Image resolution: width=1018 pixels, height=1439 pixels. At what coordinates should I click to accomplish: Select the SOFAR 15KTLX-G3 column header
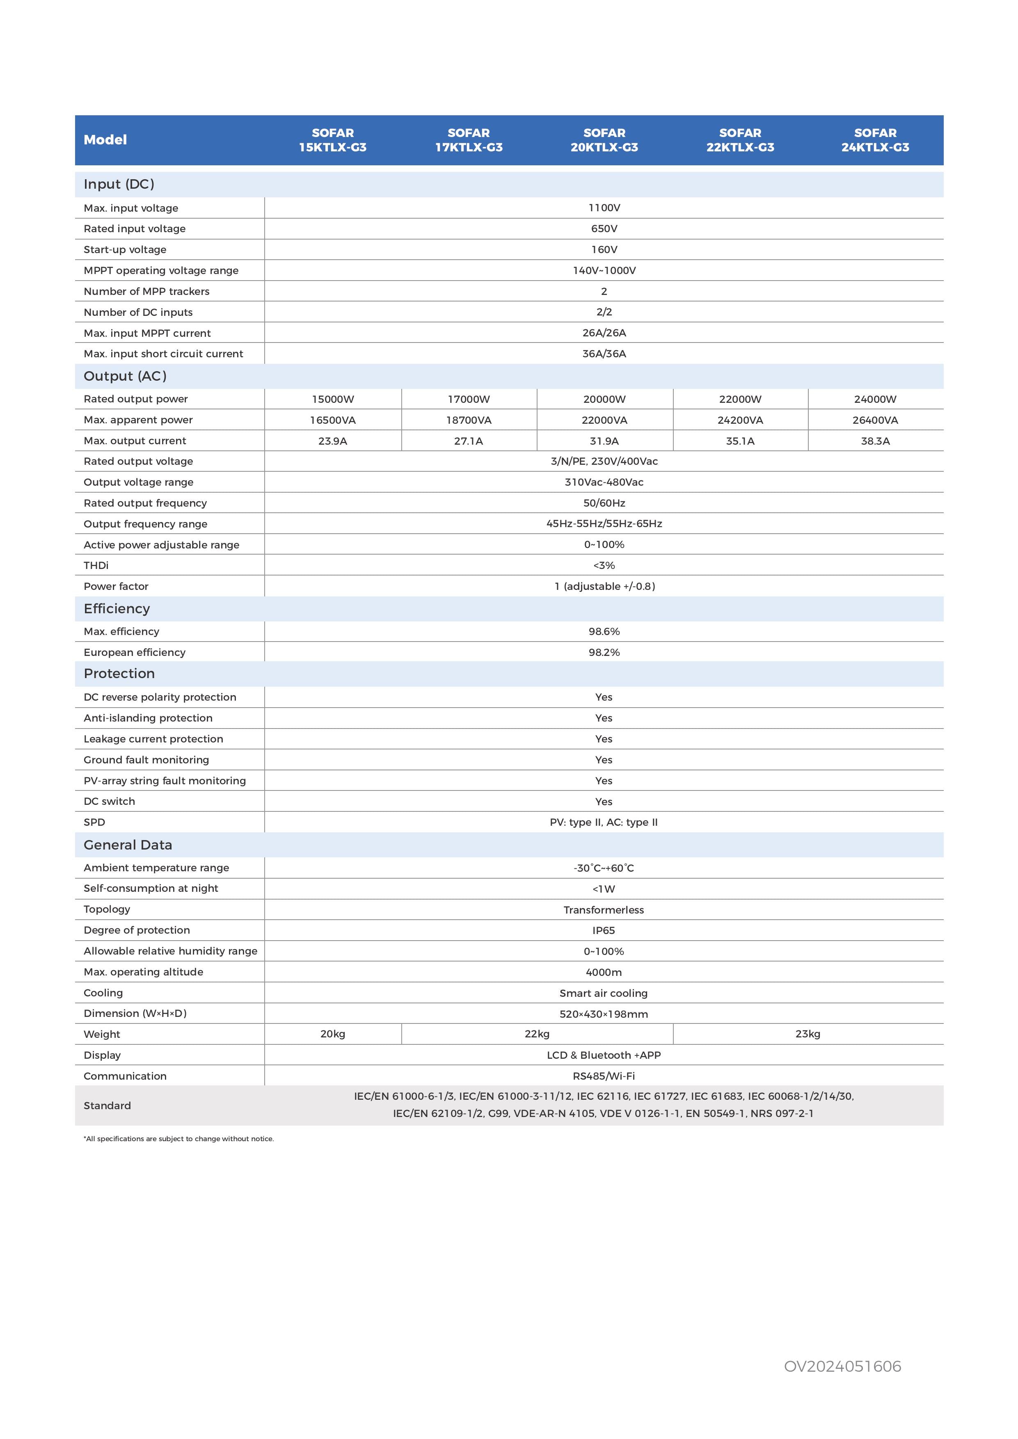pos(332,140)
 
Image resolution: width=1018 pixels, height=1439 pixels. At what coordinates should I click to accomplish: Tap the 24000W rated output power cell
pos(875,399)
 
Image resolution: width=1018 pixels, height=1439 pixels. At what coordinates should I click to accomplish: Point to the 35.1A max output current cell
pos(740,441)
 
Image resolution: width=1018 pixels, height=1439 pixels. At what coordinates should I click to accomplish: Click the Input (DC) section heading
pos(119,184)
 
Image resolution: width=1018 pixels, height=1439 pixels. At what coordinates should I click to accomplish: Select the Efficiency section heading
pos(117,609)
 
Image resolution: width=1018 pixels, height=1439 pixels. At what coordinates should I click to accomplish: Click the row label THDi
pos(96,565)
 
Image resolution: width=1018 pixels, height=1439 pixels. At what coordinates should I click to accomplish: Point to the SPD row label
pos(94,822)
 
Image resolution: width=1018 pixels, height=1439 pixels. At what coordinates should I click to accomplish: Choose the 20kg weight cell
pos(332,1034)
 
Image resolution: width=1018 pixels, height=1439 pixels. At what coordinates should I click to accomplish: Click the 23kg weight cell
pos(808,1034)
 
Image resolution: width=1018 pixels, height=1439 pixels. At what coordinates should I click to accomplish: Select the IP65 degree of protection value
pos(603,931)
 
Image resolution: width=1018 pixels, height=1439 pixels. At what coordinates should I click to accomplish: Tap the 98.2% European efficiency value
pos(604,653)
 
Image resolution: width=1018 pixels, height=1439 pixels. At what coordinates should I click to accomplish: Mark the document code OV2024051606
pos(842,1366)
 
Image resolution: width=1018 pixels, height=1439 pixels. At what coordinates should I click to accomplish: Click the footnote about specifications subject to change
pos(178,1139)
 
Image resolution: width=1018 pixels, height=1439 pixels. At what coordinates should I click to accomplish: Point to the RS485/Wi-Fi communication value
pos(603,1076)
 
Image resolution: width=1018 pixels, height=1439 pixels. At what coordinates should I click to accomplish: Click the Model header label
pos(105,140)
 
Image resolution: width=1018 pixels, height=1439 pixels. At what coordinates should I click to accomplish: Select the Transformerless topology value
pos(603,910)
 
